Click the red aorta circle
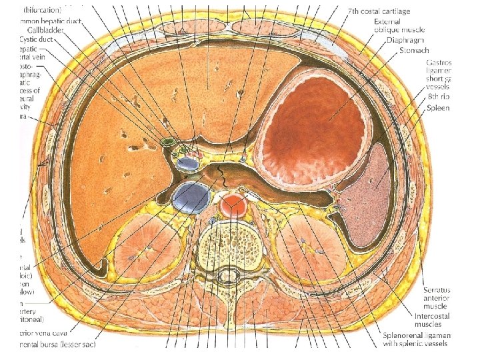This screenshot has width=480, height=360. (233, 205)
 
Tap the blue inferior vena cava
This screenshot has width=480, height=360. (191, 197)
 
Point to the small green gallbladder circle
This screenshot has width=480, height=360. (167, 142)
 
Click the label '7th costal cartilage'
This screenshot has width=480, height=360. (379, 11)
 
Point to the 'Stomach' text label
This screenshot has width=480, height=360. (413, 50)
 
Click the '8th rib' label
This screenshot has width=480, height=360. (437, 97)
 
